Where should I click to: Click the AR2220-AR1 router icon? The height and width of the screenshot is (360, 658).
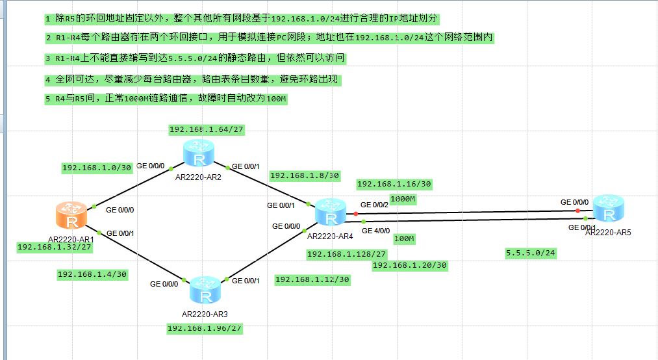[x=72, y=216]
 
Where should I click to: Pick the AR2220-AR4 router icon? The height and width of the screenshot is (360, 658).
[x=331, y=213]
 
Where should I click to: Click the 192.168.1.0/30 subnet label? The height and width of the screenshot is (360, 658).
[x=97, y=168]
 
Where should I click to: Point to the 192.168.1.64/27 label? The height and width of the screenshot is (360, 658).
[x=207, y=130]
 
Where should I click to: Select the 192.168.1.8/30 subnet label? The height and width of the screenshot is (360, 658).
[x=305, y=175]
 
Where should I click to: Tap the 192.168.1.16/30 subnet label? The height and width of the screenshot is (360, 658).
[x=394, y=185]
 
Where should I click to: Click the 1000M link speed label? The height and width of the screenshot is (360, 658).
[x=403, y=198]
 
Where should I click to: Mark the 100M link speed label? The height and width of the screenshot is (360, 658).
[x=404, y=239]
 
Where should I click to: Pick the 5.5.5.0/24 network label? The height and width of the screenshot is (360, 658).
[x=531, y=253]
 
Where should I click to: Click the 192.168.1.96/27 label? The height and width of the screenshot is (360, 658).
[x=205, y=328]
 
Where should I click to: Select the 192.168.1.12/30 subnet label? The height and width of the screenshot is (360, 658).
[x=312, y=279]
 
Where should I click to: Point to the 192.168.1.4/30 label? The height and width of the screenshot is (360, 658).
[x=92, y=274]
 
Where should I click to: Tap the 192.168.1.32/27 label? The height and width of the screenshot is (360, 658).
[x=54, y=247]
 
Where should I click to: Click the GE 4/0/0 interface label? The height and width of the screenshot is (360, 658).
[x=375, y=231]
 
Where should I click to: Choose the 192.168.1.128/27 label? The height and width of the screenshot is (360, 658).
[x=347, y=254]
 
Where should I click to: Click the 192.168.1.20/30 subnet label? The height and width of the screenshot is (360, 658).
[x=409, y=265]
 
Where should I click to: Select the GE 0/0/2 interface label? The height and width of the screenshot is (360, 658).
[x=374, y=205]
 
